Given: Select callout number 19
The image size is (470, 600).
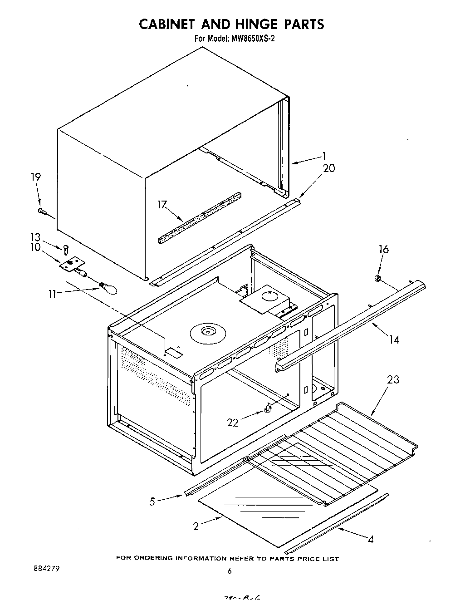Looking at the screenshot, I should (36, 177).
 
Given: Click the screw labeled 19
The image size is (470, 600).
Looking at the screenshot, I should (41, 211).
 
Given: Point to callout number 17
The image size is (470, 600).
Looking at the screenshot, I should (162, 205).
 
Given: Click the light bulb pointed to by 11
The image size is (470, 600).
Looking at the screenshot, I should (108, 287).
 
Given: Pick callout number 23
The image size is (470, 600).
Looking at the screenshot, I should (393, 379).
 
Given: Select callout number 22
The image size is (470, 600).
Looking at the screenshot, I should (233, 423).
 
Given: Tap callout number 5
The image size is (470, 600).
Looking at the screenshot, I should (152, 502).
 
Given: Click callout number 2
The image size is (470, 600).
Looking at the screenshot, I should (196, 526).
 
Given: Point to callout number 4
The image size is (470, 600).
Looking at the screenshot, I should (371, 540).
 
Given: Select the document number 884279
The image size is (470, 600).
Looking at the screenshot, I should (47, 568).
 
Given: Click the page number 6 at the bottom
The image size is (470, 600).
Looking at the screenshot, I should (230, 571).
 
